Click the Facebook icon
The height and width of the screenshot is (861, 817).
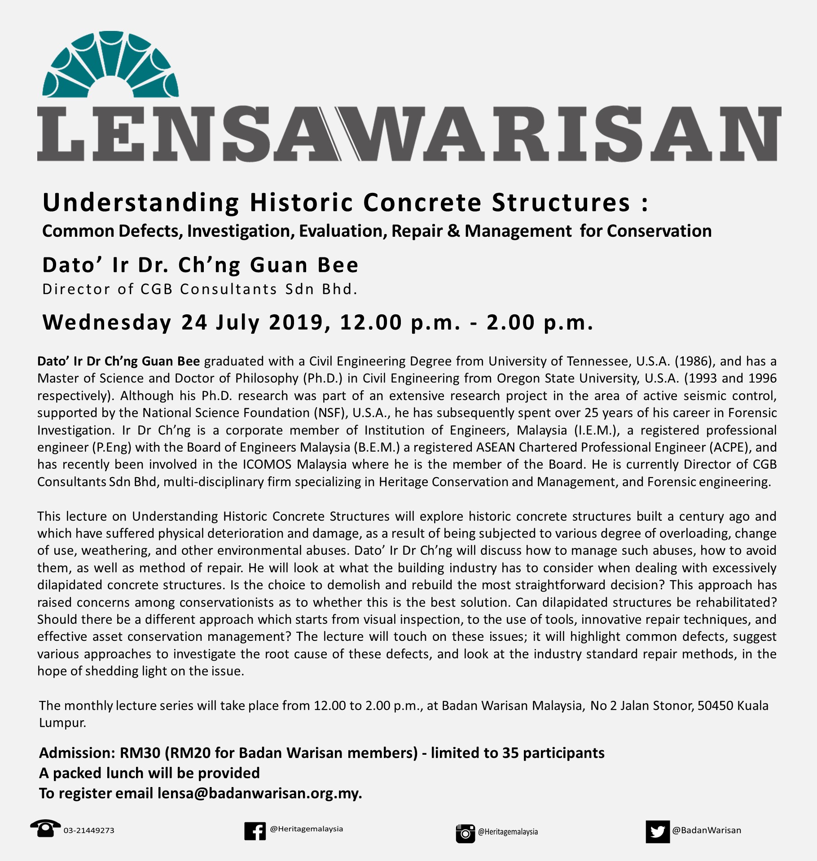(x=255, y=831)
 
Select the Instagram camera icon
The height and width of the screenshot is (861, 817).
(x=465, y=833)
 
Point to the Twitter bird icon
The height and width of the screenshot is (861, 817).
(x=657, y=832)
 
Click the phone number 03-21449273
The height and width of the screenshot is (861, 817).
(x=89, y=831)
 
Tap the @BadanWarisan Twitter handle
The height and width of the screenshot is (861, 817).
(x=706, y=830)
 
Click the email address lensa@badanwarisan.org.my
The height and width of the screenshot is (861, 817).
(x=259, y=793)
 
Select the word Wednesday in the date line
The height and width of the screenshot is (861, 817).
(x=107, y=322)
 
